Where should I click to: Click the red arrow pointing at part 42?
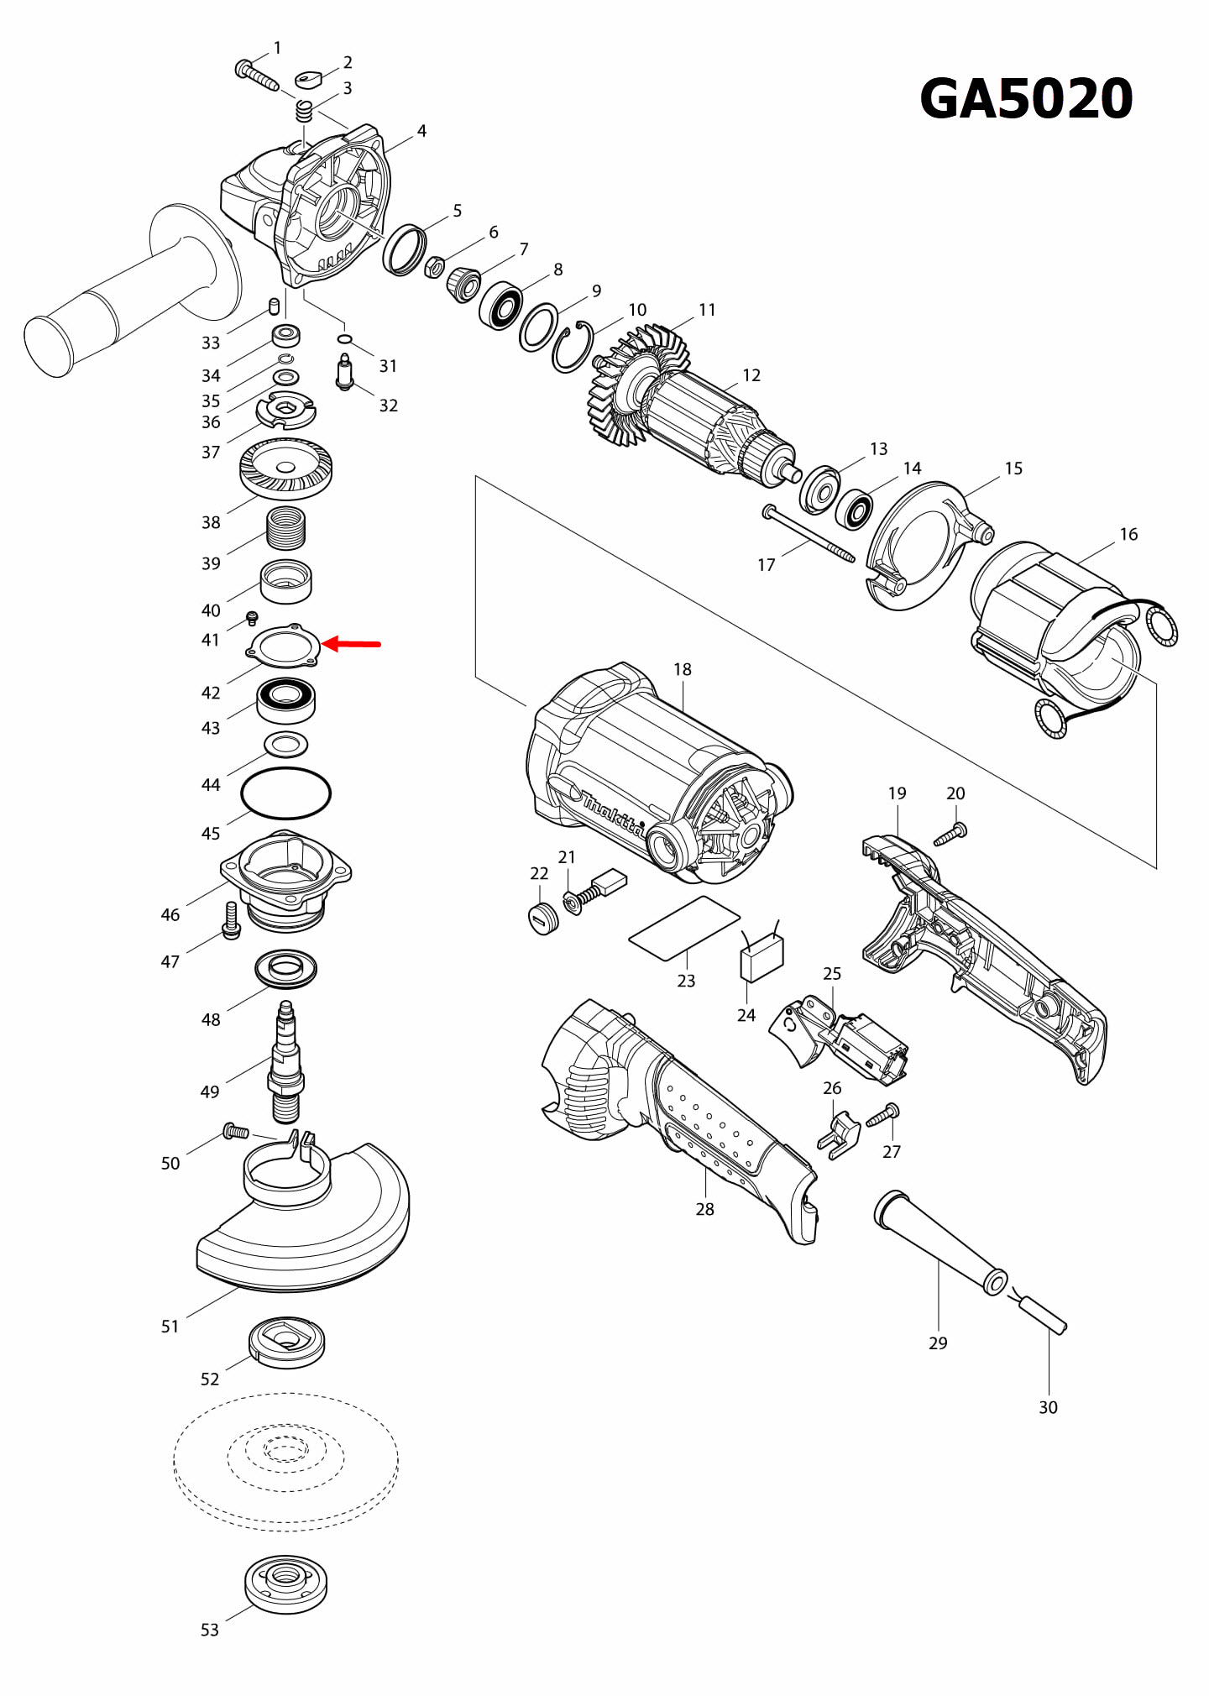[x=353, y=644]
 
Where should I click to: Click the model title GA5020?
[x=1026, y=99]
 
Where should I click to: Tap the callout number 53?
[x=209, y=1630]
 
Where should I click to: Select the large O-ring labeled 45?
[x=285, y=793]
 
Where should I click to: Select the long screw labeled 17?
[x=809, y=534]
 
